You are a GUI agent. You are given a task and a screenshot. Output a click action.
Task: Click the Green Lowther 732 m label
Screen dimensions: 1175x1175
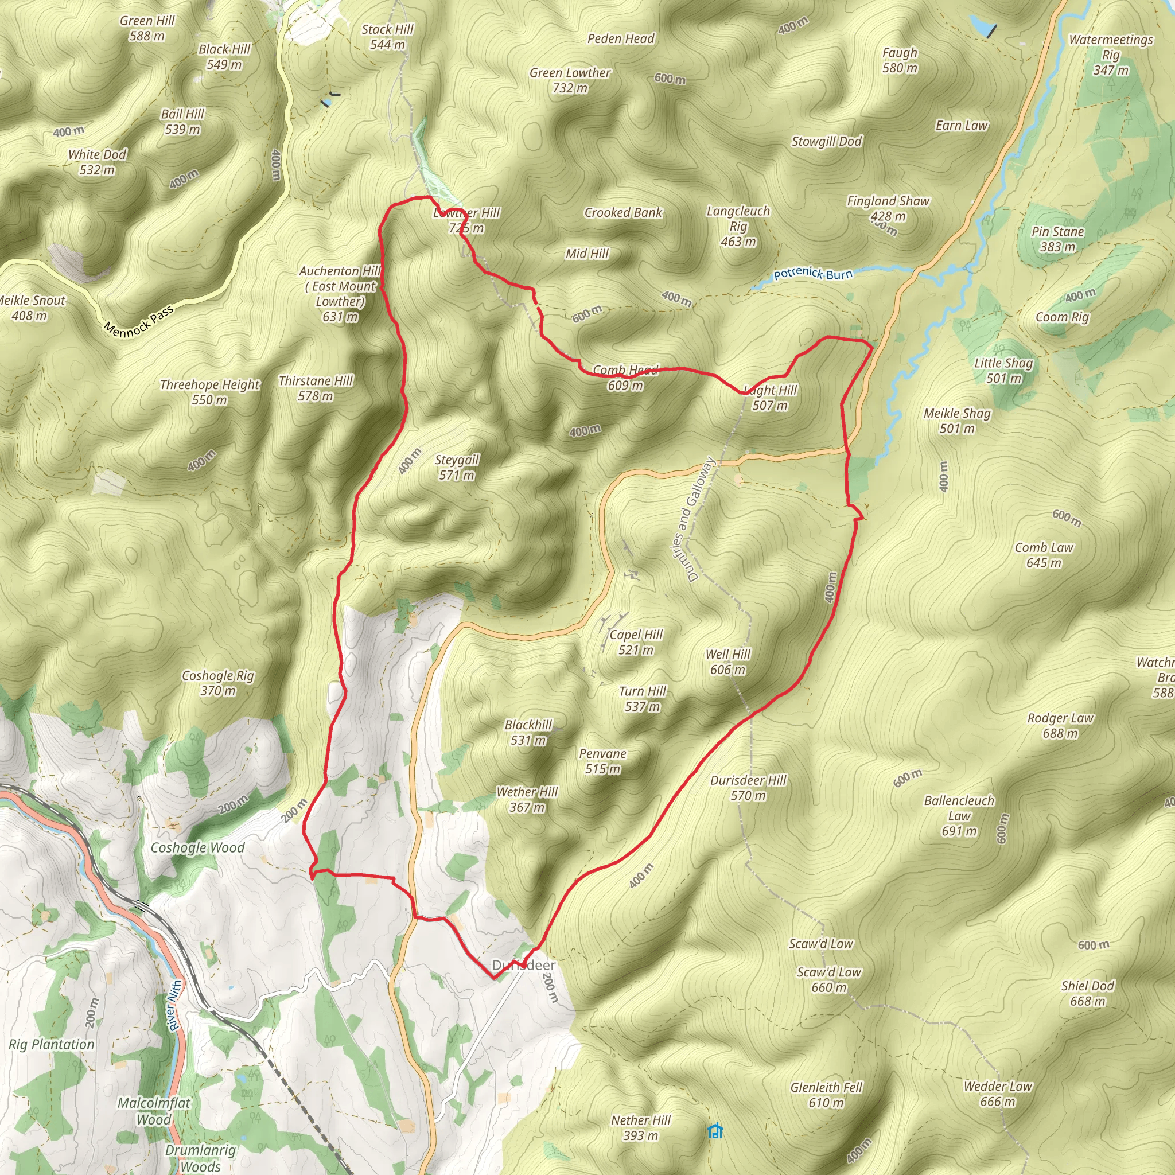[x=570, y=80]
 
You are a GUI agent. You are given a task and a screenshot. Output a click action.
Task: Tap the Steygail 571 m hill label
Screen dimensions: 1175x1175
[x=457, y=467]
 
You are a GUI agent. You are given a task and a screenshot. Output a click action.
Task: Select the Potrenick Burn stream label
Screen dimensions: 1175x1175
[x=812, y=274]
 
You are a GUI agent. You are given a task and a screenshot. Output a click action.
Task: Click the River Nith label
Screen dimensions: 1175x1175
[x=174, y=1005]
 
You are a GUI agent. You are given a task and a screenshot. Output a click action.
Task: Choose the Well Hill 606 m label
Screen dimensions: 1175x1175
[x=728, y=662]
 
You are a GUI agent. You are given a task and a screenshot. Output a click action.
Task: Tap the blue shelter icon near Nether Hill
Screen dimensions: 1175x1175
[x=715, y=1131]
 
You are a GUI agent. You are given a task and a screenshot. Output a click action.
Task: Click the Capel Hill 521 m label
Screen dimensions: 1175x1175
[x=636, y=642]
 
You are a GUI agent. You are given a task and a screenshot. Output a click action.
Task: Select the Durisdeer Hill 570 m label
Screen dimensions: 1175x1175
[x=748, y=788]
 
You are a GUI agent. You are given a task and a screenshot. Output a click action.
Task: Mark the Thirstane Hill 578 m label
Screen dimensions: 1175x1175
[x=316, y=388]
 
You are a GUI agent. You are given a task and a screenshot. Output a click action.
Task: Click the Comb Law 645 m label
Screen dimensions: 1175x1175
[x=1044, y=555]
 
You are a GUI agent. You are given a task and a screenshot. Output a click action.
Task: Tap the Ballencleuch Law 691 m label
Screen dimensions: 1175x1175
[x=959, y=816]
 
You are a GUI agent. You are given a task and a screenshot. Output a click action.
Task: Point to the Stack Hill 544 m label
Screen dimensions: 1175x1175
[x=387, y=37]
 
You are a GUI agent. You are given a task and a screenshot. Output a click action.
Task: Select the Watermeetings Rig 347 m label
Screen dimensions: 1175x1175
[x=1111, y=55]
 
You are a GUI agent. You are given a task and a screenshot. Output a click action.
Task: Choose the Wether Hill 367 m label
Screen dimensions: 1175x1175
[x=527, y=799]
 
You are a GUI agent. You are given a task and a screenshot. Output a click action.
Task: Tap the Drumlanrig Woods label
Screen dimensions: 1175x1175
[x=200, y=1157]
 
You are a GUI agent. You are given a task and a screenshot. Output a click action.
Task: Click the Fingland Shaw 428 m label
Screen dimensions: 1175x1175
[x=888, y=208]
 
